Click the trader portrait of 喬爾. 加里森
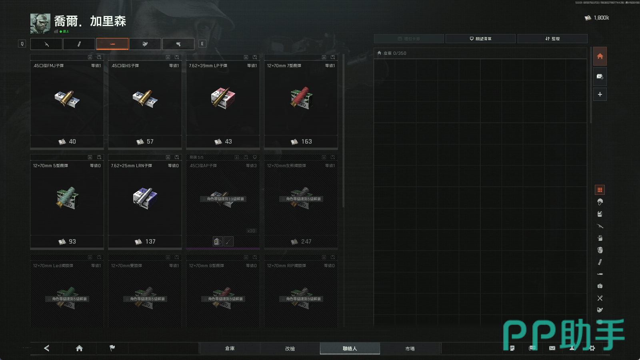[40, 24]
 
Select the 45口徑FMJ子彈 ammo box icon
[67, 98]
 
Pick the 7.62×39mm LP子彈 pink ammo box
[223, 98]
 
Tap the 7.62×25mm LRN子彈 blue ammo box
[145, 198]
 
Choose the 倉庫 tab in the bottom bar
[230, 348]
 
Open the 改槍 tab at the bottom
[290, 348]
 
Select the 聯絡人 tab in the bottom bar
[350, 348]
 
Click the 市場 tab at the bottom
[410, 348]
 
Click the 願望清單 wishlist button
[480, 39]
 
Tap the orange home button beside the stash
[600, 56]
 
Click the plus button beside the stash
[600, 94]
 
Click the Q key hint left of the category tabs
[22, 44]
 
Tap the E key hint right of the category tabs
[202, 44]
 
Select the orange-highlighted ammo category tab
[112, 44]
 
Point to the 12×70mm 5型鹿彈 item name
[50, 166]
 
